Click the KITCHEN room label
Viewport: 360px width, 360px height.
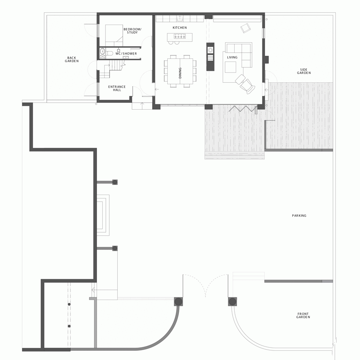click(x=180, y=28)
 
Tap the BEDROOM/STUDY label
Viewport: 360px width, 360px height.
click(x=132, y=31)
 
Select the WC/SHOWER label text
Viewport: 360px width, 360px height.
click(x=126, y=53)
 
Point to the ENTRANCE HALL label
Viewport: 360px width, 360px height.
click(x=117, y=88)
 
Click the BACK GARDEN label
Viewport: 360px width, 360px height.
click(x=72, y=60)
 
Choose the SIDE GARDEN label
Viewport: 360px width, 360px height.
click(x=304, y=71)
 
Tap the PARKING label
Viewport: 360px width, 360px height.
click(x=299, y=216)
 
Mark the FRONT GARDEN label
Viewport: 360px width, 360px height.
click(x=303, y=315)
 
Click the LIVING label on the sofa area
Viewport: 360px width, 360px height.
click(x=232, y=57)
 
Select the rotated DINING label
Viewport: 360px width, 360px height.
click(x=180, y=73)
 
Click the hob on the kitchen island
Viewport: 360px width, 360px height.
click(x=180, y=36)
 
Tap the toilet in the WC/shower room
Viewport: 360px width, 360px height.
click(x=110, y=53)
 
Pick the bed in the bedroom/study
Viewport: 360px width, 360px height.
click(x=114, y=35)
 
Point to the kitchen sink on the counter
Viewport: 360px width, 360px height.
click(x=180, y=18)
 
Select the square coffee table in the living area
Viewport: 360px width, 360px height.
click(x=230, y=67)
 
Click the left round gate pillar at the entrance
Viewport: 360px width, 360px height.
click(x=178, y=302)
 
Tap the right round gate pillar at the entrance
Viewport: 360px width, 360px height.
click(x=232, y=302)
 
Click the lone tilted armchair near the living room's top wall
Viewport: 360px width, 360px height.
click(x=245, y=28)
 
